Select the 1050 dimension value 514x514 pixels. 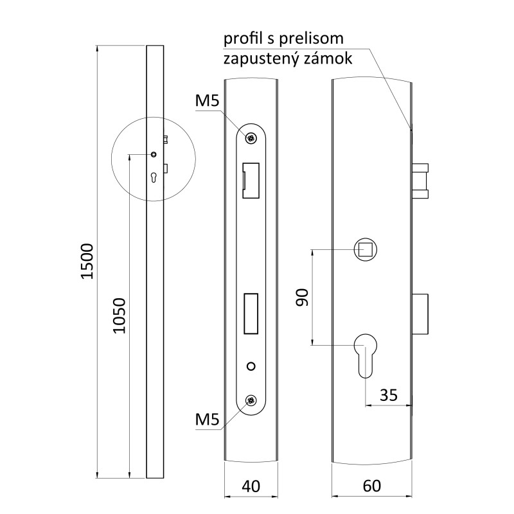[118, 315]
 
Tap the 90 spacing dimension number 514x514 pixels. [303, 297]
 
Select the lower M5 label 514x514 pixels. [208, 420]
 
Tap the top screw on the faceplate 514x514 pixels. [251, 137]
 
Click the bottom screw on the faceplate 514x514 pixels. [251, 401]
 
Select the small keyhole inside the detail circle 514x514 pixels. [154, 177]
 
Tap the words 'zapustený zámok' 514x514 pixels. [287, 58]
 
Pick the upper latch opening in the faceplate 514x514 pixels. [250, 181]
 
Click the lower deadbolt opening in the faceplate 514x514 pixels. [251, 315]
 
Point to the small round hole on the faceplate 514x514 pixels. [251, 366]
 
